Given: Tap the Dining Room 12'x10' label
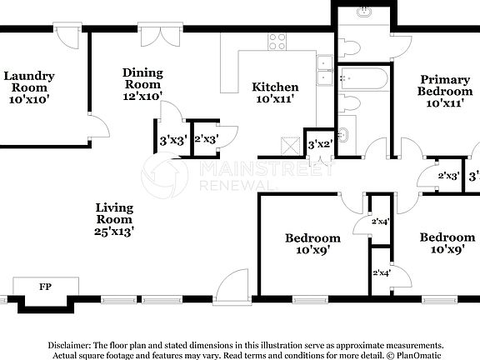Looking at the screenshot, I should [x=142, y=83].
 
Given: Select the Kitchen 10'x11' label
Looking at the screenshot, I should [x=275, y=92].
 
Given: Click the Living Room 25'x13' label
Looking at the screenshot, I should [x=114, y=218].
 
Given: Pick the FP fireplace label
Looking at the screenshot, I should [x=45, y=287].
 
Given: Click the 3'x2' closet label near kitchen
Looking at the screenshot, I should [x=320, y=145].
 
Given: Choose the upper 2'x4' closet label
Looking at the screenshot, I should [x=381, y=222].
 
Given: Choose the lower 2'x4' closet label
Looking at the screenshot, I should [x=381, y=272].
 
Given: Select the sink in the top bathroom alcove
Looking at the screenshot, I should [x=365, y=13].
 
